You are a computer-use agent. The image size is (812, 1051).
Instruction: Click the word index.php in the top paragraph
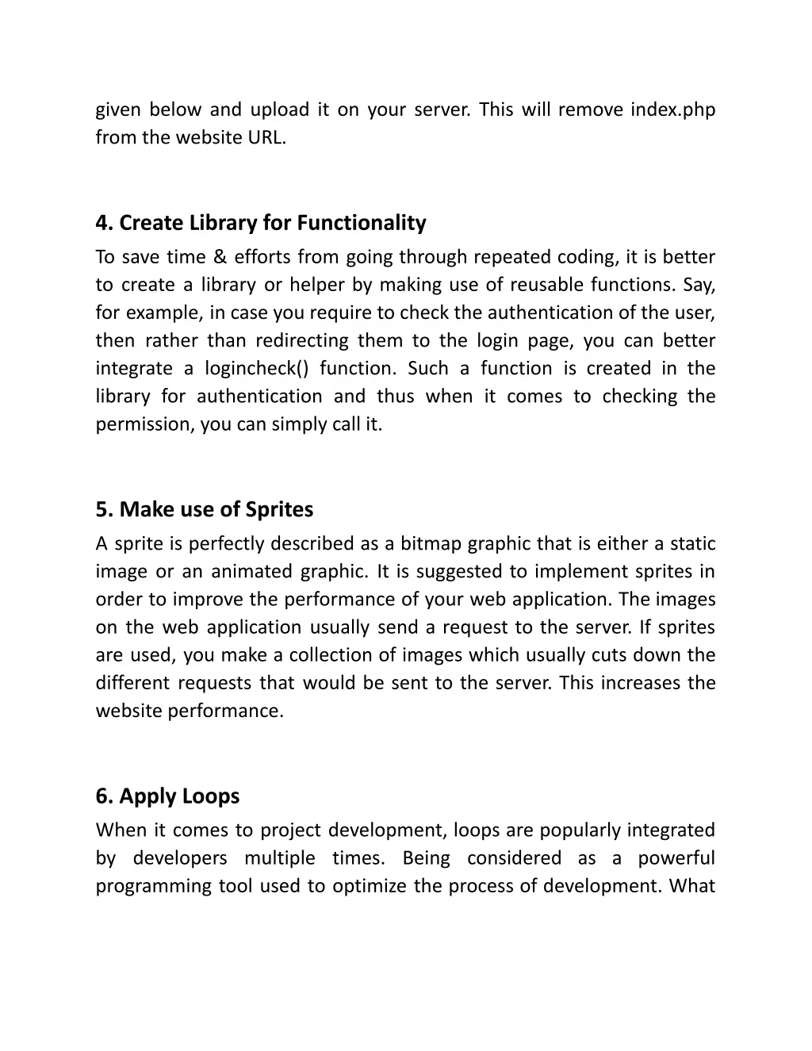tap(672, 109)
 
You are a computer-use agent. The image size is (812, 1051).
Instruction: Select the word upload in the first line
tap(280, 109)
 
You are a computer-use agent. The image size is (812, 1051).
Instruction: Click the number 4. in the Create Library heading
tap(105, 223)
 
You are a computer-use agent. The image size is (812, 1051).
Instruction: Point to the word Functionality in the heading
tap(362, 223)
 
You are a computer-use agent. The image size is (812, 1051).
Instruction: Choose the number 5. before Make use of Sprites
tap(105, 509)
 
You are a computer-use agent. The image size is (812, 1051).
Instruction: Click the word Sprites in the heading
tap(279, 509)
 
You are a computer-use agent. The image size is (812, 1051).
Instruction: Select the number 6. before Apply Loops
tap(105, 796)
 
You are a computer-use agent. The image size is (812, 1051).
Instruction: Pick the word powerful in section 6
tap(676, 858)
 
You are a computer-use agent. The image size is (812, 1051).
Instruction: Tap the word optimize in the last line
tap(370, 886)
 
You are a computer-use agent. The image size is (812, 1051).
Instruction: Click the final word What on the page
tap(691, 886)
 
